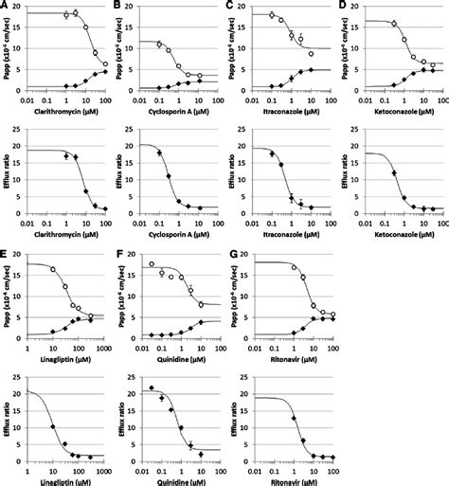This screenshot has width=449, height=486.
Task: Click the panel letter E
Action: pos(5,253)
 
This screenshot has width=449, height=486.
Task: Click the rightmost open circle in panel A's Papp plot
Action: pos(105,64)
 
